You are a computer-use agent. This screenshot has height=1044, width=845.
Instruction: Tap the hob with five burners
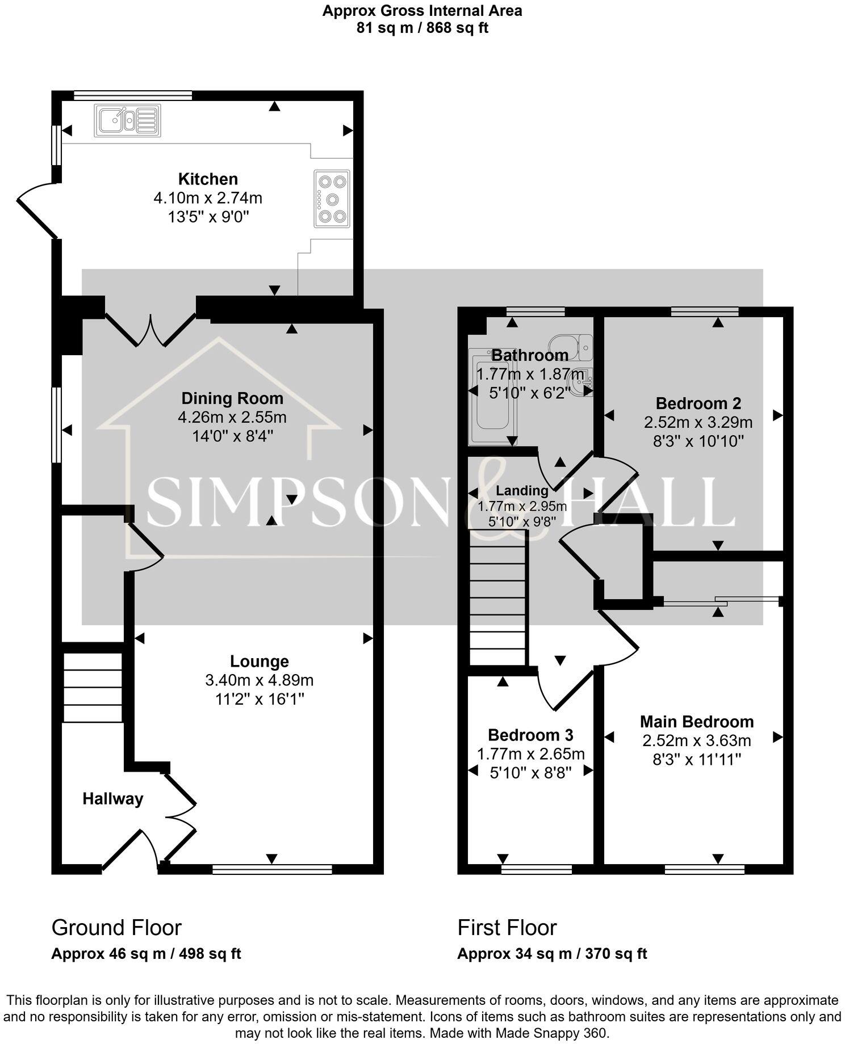332,199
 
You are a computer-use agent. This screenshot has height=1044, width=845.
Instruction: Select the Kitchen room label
208,179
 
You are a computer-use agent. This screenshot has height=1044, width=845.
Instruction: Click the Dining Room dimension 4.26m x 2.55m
232,418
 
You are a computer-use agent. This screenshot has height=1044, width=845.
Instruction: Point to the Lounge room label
259,661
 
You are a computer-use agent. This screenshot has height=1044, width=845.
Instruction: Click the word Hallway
112,799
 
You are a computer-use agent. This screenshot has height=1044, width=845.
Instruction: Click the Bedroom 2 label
698,403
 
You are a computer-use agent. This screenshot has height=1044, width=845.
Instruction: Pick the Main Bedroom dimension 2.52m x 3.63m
697,740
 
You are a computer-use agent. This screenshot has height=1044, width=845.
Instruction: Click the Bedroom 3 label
530,735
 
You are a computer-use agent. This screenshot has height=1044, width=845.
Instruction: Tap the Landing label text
522,490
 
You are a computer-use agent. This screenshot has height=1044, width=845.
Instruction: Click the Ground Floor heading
116,927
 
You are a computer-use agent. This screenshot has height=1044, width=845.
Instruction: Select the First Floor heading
507,927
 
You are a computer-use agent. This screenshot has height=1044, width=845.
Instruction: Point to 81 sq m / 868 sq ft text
422,28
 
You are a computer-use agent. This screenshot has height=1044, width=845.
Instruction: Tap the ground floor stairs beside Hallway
92,687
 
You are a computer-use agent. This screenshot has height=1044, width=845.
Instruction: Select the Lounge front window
272,869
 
